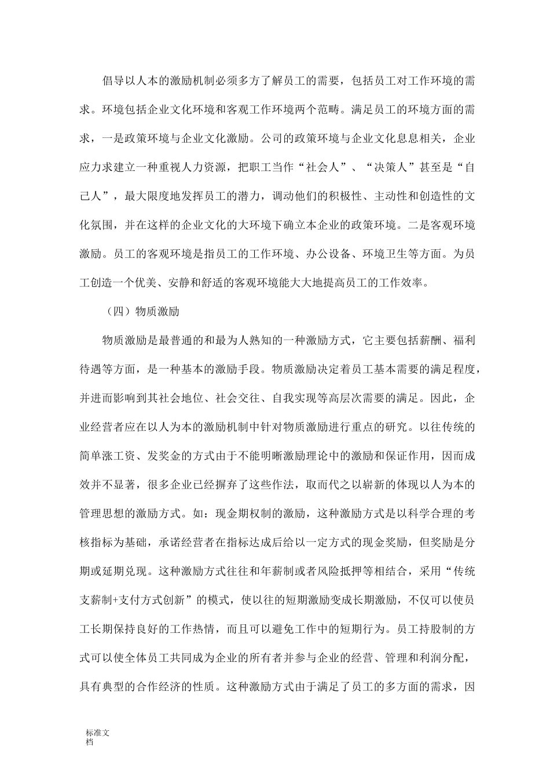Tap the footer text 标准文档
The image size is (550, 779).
[x=97, y=737]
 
